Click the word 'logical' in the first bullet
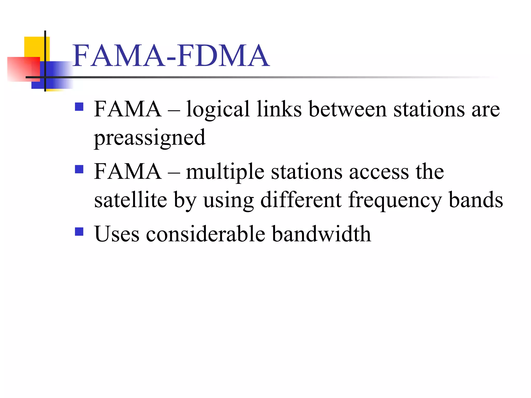tap(218, 110)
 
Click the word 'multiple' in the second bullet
tap(225, 172)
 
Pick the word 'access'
tap(379, 172)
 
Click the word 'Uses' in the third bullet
tap(117, 234)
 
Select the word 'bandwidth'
tap(322, 234)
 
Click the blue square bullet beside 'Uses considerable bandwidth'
tap(79, 231)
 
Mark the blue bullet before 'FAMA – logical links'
tap(79, 107)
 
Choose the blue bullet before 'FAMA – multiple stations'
tap(79, 169)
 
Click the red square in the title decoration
tap(23, 69)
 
